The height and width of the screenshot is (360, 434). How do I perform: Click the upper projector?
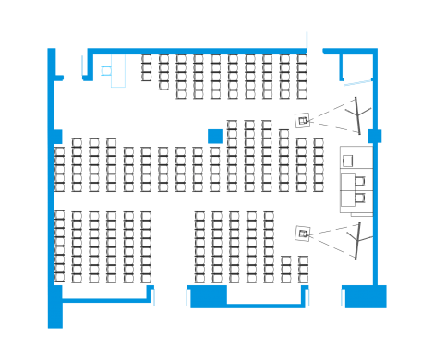pyautogui.click(x=303, y=119)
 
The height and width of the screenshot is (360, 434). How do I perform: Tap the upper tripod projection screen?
pyautogui.click(x=350, y=114)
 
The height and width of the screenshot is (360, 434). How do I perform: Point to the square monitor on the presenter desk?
pyautogui.click(x=349, y=162)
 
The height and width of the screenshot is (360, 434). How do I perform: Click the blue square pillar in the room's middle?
pyautogui.click(x=215, y=137)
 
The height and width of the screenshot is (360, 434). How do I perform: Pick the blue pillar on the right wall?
pyautogui.click(x=374, y=137)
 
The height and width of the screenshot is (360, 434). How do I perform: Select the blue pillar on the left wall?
pyautogui.click(x=56, y=137)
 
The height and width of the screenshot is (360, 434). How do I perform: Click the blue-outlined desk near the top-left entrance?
pyautogui.click(x=117, y=71)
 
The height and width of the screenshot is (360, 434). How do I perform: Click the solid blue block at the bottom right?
pyautogui.click(x=365, y=296)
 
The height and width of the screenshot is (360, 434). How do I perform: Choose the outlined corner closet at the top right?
pyautogui.click(x=353, y=69)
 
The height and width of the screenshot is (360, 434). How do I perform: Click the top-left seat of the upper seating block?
pyautogui.click(x=147, y=61)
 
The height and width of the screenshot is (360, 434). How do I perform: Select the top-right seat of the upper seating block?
pyautogui.click(x=302, y=61)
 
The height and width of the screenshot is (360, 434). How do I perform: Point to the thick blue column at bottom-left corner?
pyautogui.click(x=55, y=305)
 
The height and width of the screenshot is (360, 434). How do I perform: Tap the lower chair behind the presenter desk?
pyautogui.click(x=361, y=197)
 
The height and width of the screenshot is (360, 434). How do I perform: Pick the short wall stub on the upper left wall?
pyautogui.click(x=59, y=78)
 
